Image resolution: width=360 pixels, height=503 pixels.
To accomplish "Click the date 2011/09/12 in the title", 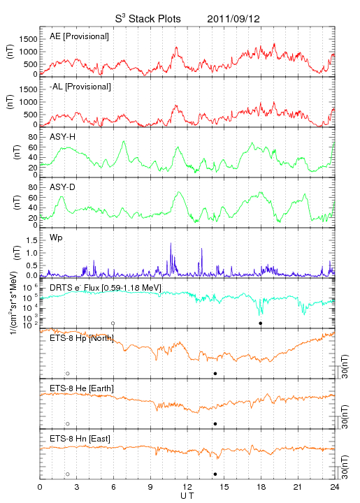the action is tap(233, 19).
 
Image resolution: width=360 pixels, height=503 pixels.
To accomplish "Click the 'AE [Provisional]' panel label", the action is tap(79, 36).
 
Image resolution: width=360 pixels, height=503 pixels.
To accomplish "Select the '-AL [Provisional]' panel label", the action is tap(80, 87).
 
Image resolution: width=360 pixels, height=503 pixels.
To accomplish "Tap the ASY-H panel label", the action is tap(63, 137).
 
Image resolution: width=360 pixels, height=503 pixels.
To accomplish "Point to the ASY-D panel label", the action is tap(63, 187).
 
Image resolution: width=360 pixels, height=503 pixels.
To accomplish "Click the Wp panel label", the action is tap(56, 238).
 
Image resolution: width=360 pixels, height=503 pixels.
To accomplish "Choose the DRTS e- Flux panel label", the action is tap(106, 288).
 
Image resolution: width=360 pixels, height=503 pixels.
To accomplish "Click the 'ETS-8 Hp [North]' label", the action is tap(82, 338).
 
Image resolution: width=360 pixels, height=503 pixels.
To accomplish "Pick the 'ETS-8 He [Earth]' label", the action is tap(82, 388).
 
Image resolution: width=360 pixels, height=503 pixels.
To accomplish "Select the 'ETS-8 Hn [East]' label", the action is tap(80, 439).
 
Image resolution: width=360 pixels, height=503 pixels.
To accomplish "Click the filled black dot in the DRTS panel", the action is tap(261, 323).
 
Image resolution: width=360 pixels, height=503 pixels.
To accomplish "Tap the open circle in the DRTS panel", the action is tap(113, 323).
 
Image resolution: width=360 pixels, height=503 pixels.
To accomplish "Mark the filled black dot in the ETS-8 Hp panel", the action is tap(215, 373).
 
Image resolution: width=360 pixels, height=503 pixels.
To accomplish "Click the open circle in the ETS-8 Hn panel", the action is tap(68, 474).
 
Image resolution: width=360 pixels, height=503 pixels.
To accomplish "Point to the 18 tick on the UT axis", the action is tap(261, 487).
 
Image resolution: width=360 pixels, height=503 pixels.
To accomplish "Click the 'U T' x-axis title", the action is tap(187, 496).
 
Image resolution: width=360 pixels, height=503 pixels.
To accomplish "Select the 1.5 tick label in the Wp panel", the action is tap(31, 240).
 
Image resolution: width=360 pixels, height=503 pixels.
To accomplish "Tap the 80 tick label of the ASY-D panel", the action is tap(33, 187).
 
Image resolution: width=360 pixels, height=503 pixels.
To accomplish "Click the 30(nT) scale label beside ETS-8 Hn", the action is tap(345, 467).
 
